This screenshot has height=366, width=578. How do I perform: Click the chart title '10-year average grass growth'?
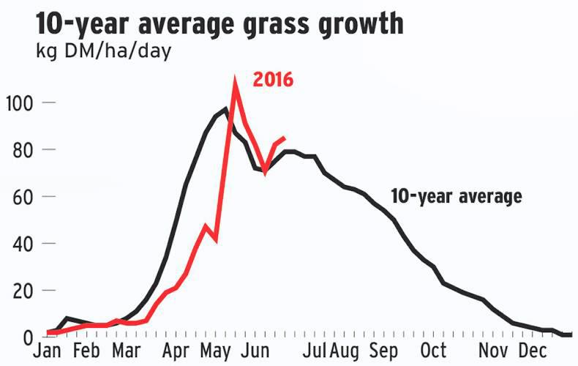coord(219,23)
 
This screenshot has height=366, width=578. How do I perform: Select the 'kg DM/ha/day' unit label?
coord(103,53)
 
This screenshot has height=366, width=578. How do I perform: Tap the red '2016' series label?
coord(273,80)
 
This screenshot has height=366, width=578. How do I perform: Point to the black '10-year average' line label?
coord(456,197)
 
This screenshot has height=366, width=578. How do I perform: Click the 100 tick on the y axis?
coord(18,102)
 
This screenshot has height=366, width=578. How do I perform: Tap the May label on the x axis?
coord(217,352)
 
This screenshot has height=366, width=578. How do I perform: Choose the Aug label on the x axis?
coord(347,352)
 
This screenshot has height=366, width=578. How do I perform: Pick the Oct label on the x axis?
coord(436,352)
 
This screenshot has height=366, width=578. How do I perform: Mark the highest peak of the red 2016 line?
coord(234,80)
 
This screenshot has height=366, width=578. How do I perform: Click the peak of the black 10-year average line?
coord(226,109)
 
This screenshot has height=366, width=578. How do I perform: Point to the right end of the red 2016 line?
coord(285,138)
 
